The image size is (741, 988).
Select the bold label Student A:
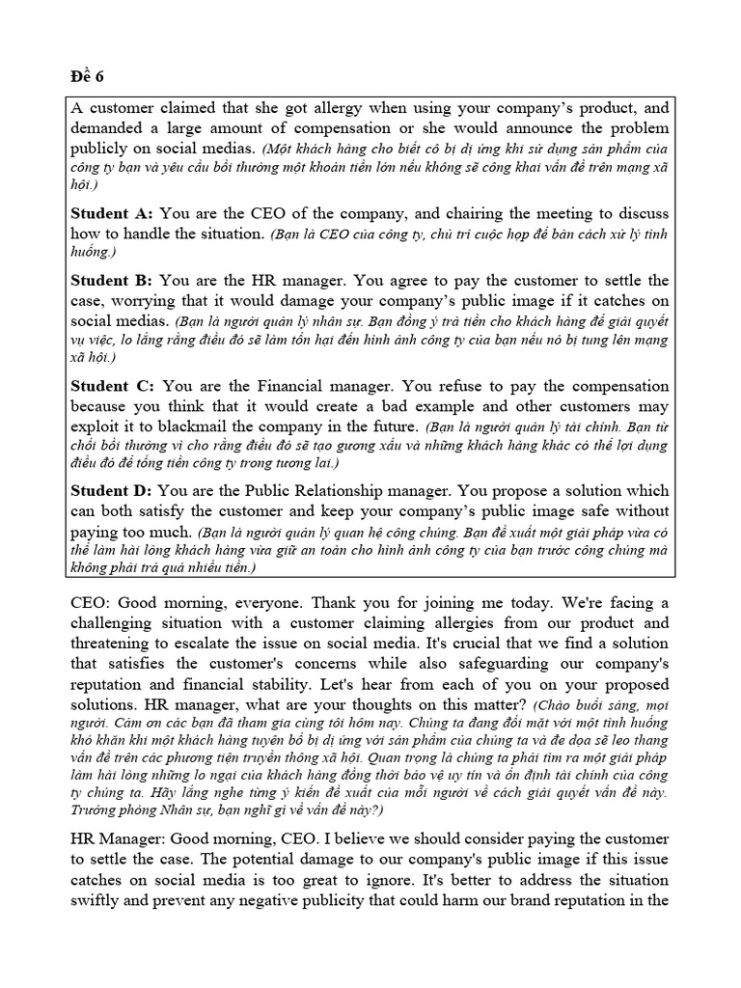pos(113,213)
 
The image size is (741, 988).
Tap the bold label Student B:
pos(113,281)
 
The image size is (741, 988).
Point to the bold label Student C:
pos(113,386)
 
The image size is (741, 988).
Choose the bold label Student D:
pos(113,491)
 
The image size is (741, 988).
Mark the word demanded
pos(107,129)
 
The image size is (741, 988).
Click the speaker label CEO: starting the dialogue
pos(93,602)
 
